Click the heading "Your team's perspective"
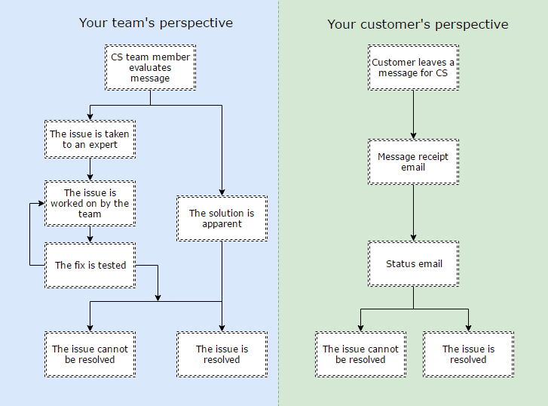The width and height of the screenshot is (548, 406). pos(156,23)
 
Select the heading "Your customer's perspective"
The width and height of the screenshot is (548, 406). pos(418,24)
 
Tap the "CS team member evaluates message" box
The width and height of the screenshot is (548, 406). pos(150,68)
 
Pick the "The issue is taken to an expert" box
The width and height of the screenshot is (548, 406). pos(90,140)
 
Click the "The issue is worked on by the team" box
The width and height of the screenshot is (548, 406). pos(90,203)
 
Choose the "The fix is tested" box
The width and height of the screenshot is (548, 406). pos(90,266)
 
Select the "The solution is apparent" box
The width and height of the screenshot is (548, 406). pos(222,218)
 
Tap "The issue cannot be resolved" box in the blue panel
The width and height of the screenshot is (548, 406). pos(90,354)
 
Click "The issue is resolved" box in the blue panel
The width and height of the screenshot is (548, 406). pos(222,354)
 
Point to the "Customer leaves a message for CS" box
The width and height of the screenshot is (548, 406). pos(413,68)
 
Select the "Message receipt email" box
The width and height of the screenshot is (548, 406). pos(413,161)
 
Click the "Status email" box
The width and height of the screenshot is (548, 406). pos(413,263)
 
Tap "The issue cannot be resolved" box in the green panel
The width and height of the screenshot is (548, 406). pos(360,354)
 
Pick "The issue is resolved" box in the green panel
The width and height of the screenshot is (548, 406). pos(468,354)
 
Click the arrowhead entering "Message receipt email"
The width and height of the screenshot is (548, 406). pos(413,136)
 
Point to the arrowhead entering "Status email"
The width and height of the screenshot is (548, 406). pos(413,238)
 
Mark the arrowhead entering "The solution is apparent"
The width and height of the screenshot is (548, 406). pos(222,193)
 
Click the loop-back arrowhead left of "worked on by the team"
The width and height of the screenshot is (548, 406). pos(41,203)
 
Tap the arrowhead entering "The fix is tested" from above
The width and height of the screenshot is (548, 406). pos(90,239)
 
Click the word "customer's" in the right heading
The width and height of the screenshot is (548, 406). pos(395,24)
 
